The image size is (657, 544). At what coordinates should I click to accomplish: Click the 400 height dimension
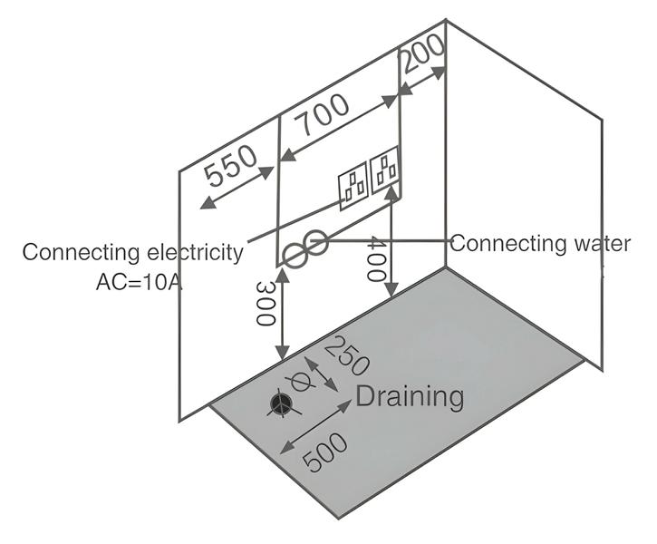375,261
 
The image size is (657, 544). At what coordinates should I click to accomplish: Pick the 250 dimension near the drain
345,357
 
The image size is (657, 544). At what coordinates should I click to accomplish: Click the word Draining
410,396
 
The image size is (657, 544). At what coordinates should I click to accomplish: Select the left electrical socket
353,188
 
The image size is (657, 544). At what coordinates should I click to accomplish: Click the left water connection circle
295,255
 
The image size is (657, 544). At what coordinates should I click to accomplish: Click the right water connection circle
314,242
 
